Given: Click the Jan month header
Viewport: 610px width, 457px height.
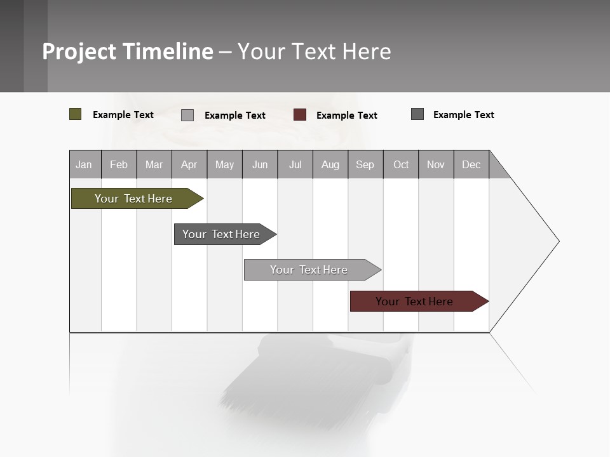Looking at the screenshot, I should tap(85, 164).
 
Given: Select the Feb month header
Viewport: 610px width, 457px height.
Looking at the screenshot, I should tap(119, 164).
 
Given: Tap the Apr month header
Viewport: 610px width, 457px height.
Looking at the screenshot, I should tap(189, 164).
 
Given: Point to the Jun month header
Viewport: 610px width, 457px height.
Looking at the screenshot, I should tap(260, 164).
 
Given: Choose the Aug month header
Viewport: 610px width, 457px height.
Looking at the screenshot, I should tap(330, 164).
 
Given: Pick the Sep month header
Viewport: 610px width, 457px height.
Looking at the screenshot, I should tap(365, 164).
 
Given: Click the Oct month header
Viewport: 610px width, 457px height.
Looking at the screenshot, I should tap(401, 164).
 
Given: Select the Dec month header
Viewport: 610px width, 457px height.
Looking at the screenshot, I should tap(471, 164).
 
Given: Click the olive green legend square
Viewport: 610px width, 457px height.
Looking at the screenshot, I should tap(76, 114).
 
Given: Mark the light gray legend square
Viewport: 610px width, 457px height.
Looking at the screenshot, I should tap(187, 115).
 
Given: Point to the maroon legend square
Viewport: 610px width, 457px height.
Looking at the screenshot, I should tap(300, 115).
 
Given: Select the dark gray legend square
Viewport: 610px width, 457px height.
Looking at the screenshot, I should tap(417, 114).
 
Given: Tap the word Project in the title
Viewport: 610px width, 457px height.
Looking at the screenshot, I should tap(79, 51).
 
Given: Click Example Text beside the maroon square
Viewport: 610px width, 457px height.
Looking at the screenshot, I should tap(347, 116).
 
